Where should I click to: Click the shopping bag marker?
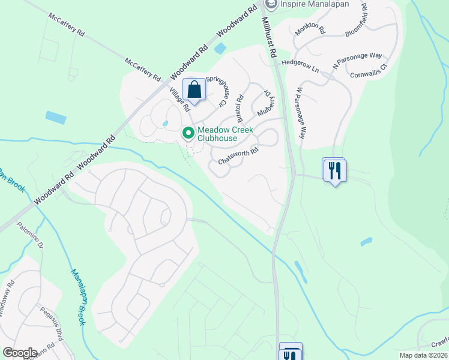click(194, 91)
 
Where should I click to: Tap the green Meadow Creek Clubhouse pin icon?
click(188, 133)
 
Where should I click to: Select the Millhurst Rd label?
click(268, 37)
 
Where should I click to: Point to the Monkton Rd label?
click(310, 28)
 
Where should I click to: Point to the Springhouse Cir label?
click(215, 90)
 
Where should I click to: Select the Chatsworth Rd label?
click(238, 156)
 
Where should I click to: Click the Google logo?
click(20, 352)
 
